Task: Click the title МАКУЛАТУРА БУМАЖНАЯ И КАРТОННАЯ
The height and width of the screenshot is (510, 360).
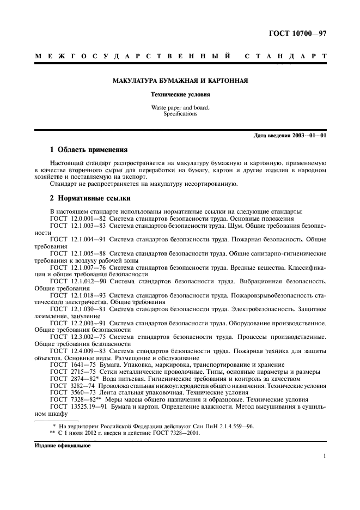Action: pos(180,81)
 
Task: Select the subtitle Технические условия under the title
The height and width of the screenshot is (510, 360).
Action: pos(180,94)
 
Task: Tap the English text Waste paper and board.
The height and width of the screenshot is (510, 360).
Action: pos(180,107)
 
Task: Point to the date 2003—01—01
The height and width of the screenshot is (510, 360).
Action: pos(309,135)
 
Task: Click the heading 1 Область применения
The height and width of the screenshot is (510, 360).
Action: pos(89,149)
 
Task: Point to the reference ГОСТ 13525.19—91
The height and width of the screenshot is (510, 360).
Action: pos(80,407)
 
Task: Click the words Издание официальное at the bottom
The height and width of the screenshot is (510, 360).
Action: pos(62,445)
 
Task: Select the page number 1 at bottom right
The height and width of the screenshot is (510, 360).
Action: pos(325,457)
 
